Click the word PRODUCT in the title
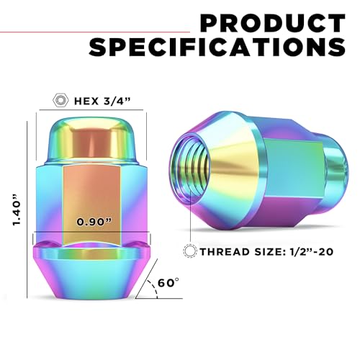273,23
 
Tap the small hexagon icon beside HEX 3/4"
60,100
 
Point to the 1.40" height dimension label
17,209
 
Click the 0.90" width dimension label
94,222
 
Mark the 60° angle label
168,283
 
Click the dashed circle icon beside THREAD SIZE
190,251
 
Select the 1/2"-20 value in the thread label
309,251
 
